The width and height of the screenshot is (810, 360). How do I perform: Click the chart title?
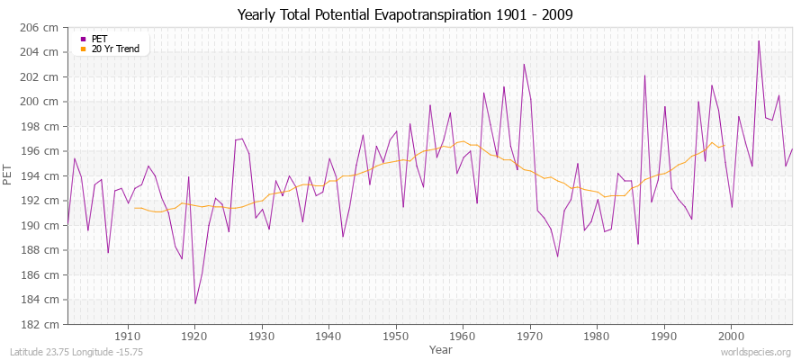tap(404, 15)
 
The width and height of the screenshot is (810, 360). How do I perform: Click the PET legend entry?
tap(99, 39)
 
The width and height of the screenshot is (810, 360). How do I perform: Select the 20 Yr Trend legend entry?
tap(116, 49)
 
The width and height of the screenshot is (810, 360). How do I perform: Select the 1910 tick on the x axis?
tap(128, 336)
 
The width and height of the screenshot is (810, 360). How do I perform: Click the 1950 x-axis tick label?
tap(395, 336)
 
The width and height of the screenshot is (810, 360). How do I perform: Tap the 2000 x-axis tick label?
tap(730, 336)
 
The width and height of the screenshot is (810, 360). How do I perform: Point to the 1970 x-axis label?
tap(529, 336)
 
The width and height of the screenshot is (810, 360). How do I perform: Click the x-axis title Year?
tap(441, 348)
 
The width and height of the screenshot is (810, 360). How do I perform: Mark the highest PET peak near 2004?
tap(759, 40)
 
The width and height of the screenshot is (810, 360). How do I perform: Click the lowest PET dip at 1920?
tap(195, 303)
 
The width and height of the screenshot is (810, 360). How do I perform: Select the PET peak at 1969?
tap(524, 64)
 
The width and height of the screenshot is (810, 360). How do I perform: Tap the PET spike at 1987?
tap(644, 75)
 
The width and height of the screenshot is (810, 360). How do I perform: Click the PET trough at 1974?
tap(558, 256)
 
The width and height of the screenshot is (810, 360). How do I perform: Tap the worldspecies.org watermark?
tap(756, 353)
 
